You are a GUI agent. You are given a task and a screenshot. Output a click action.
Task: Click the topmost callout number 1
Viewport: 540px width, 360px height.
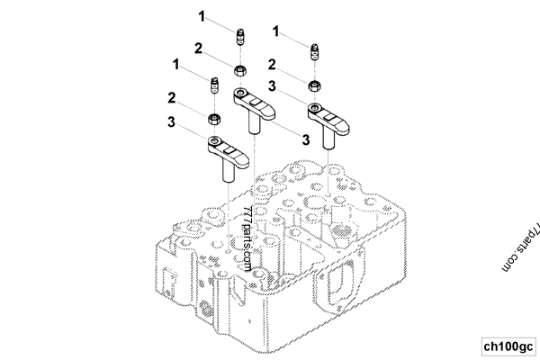(202, 16)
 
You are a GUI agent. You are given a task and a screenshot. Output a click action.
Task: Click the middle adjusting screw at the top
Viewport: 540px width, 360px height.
(240, 38)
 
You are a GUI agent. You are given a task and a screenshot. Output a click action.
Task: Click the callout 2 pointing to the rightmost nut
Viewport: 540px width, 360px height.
(272, 64)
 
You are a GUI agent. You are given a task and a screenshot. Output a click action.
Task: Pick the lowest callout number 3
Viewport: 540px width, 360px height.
(306, 139)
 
